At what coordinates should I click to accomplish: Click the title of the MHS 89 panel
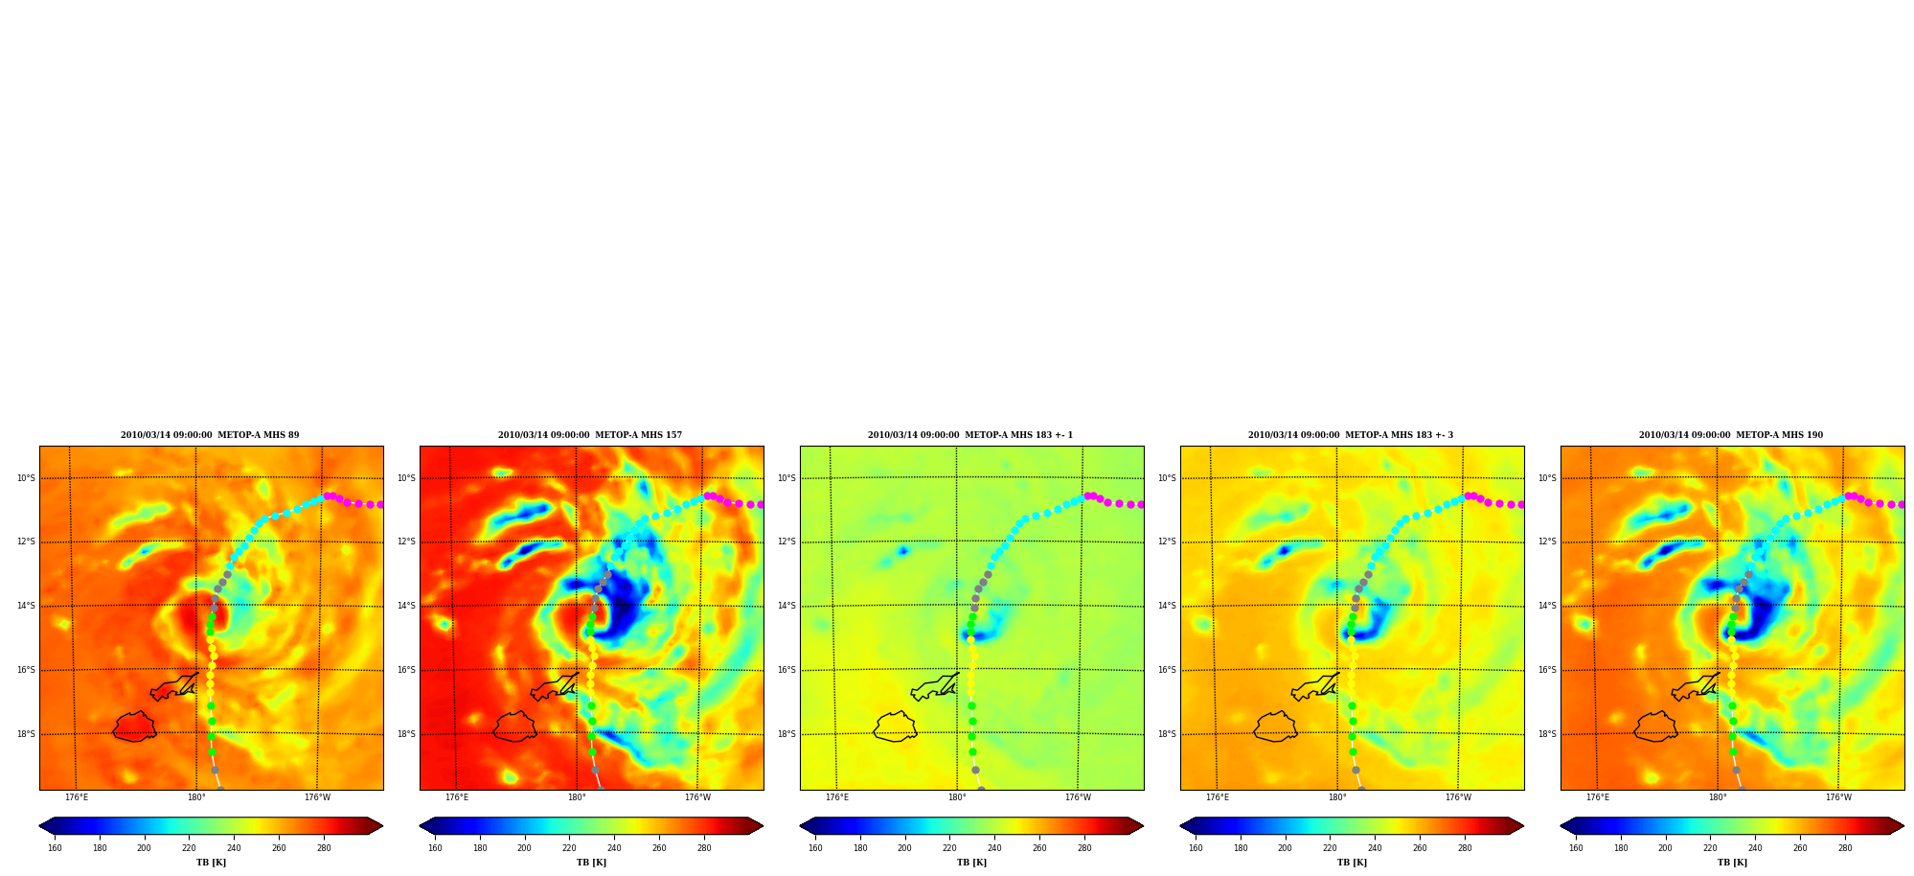tap(210, 435)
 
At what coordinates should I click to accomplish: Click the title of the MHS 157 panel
tap(590, 435)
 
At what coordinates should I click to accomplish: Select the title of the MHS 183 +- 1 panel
tap(970, 435)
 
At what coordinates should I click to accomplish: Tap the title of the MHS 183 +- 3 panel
tap(1351, 435)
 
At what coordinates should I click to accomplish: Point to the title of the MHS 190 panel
tap(1731, 435)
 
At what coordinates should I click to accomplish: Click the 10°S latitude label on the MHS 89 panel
tap(26, 478)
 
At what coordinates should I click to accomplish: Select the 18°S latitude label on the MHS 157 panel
tap(406, 734)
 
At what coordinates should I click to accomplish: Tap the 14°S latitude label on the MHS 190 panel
tap(1547, 606)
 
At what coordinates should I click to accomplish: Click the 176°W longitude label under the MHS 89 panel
tap(317, 797)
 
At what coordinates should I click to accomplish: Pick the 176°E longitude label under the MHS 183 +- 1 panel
tap(837, 797)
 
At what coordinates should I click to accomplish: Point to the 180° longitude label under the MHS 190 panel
tap(1718, 797)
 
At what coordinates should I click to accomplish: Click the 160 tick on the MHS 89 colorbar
tap(55, 847)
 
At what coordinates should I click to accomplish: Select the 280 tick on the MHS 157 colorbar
tap(704, 847)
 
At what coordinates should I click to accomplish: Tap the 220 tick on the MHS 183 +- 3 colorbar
tap(1330, 847)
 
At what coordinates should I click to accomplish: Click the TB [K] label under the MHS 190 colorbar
tap(1732, 863)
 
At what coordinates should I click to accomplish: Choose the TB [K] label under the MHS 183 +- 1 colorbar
tap(971, 863)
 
